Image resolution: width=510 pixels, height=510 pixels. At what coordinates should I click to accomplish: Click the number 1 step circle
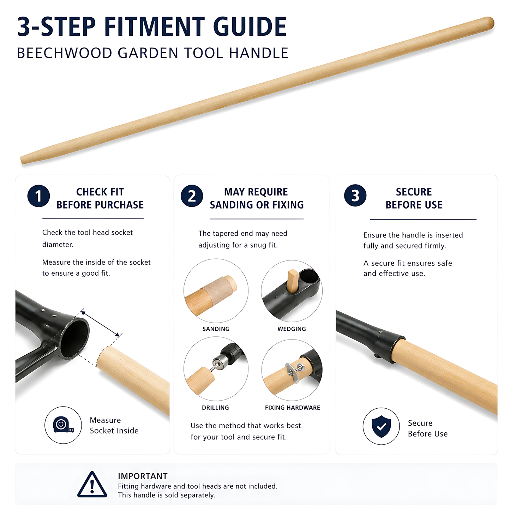[x=38, y=196]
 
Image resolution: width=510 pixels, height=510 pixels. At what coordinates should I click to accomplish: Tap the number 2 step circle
[x=192, y=196]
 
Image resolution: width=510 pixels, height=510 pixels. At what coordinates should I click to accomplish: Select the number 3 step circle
[x=355, y=196]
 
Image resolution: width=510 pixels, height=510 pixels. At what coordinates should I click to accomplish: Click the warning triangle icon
[x=92, y=484]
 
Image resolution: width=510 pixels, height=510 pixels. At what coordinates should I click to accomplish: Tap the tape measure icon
[x=63, y=425]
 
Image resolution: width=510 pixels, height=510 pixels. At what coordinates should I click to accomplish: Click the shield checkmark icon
[x=381, y=426]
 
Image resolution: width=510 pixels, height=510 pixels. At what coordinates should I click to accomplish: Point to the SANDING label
[x=216, y=329]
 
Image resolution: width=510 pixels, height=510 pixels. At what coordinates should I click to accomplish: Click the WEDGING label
[x=292, y=329]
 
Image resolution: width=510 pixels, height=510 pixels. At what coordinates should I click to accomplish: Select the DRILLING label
[x=215, y=408]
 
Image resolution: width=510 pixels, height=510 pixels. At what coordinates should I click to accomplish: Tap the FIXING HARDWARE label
[x=293, y=408]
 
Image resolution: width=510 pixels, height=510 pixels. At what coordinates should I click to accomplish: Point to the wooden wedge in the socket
[x=293, y=281]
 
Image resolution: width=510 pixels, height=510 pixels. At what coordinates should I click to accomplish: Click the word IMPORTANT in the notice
[x=143, y=476]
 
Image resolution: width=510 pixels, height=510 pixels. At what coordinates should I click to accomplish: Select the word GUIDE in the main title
[x=250, y=26]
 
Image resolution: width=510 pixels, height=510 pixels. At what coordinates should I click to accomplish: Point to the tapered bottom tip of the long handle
[x=22, y=160]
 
